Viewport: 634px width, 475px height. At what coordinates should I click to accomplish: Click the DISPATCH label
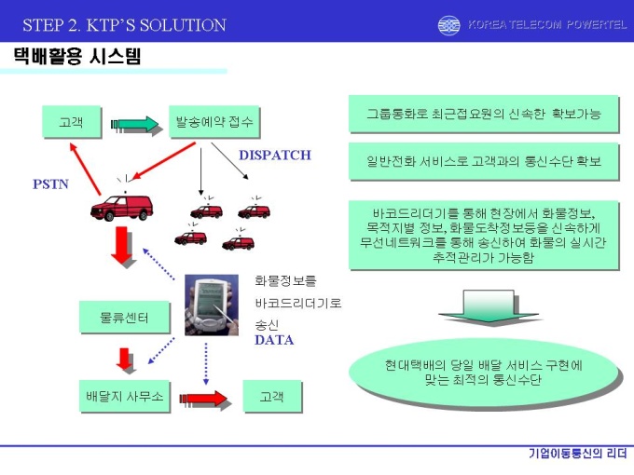[275, 156]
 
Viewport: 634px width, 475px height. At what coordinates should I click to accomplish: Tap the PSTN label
[50, 184]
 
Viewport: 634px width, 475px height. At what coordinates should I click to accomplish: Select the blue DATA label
[274, 340]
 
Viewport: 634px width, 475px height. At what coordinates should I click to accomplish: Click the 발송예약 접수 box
[214, 122]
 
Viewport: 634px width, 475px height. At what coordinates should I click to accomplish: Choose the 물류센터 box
[125, 318]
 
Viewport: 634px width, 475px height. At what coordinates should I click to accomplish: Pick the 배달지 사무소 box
[125, 396]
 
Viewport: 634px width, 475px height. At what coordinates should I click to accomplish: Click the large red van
[122, 207]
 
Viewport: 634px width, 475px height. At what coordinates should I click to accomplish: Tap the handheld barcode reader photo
[212, 305]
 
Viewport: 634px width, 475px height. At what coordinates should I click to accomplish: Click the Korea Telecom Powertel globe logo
[448, 25]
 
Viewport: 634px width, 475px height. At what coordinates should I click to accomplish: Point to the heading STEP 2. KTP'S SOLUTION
[125, 25]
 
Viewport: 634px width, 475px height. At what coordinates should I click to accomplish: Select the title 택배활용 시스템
[77, 56]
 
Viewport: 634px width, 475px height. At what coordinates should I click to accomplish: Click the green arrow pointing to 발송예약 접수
[136, 125]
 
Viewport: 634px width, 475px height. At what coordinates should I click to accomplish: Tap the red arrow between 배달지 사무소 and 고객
[205, 400]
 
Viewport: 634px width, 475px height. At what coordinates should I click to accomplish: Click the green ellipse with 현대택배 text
[484, 373]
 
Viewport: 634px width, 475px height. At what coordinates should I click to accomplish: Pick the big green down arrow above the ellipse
[489, 306]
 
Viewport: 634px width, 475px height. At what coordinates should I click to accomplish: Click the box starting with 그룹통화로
[484, 114]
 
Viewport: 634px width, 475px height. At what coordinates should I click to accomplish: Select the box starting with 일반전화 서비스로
[484, 161]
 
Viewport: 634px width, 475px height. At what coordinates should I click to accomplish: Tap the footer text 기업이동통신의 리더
[578, 454]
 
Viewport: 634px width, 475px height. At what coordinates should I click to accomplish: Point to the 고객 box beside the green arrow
[72, 122]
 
